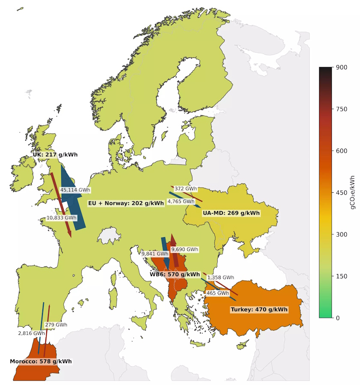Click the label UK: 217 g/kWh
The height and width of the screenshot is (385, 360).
click(55, 155)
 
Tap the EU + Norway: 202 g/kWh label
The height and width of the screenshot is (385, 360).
click(126, 203)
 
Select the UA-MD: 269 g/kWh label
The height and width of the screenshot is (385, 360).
click(231, 213)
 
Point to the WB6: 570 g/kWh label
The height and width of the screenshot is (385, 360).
click(174, 275)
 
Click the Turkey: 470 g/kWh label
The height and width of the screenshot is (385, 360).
click(259, 310)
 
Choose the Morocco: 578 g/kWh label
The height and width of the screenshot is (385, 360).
click(41, 361)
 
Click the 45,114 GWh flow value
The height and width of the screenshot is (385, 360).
click(75, 190)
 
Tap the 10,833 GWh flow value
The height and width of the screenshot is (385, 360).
click(61, 218)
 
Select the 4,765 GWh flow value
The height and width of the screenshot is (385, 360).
click(181, 201)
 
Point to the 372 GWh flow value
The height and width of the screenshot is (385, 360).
click(186, 189)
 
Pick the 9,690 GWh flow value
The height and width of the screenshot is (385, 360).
click(185, 249)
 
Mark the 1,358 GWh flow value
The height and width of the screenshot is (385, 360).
click(220, 278)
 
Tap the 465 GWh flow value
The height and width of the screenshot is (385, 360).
click(217, 293)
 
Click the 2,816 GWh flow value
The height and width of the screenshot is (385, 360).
click(31, 333)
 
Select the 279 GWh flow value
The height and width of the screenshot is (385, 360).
click(56, 325)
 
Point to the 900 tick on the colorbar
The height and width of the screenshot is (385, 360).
click(342, 67)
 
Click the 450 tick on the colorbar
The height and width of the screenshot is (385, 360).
click(342, 193)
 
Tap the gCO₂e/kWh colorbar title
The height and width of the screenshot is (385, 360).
click(352, 192)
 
